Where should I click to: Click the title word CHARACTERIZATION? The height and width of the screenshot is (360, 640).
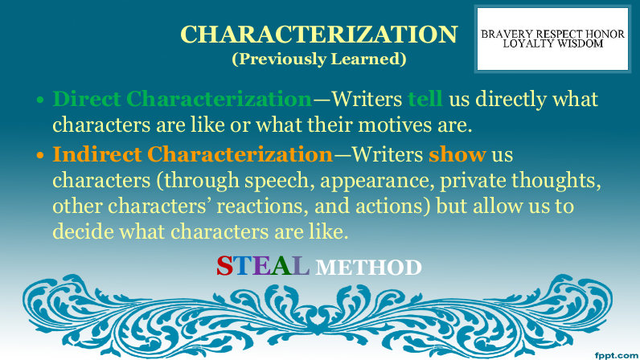point(318,35)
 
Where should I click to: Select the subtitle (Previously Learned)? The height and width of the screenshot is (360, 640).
point(318,59)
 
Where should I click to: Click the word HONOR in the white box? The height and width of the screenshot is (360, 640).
point(605,34)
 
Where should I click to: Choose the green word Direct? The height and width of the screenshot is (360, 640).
point(87,99)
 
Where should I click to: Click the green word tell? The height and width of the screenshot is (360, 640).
point(425,99)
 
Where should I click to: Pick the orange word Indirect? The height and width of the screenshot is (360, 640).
point(97,155)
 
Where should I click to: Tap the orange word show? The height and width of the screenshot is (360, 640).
point(457,155)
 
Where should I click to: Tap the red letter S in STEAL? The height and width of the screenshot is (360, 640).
point(224,266)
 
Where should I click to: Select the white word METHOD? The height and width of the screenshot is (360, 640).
point(368,268)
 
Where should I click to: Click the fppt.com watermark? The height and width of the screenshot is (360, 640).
point(617,355)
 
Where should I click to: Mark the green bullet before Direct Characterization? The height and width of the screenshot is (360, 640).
point(39,100)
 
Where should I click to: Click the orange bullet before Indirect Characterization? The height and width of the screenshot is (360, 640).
point(39,156)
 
